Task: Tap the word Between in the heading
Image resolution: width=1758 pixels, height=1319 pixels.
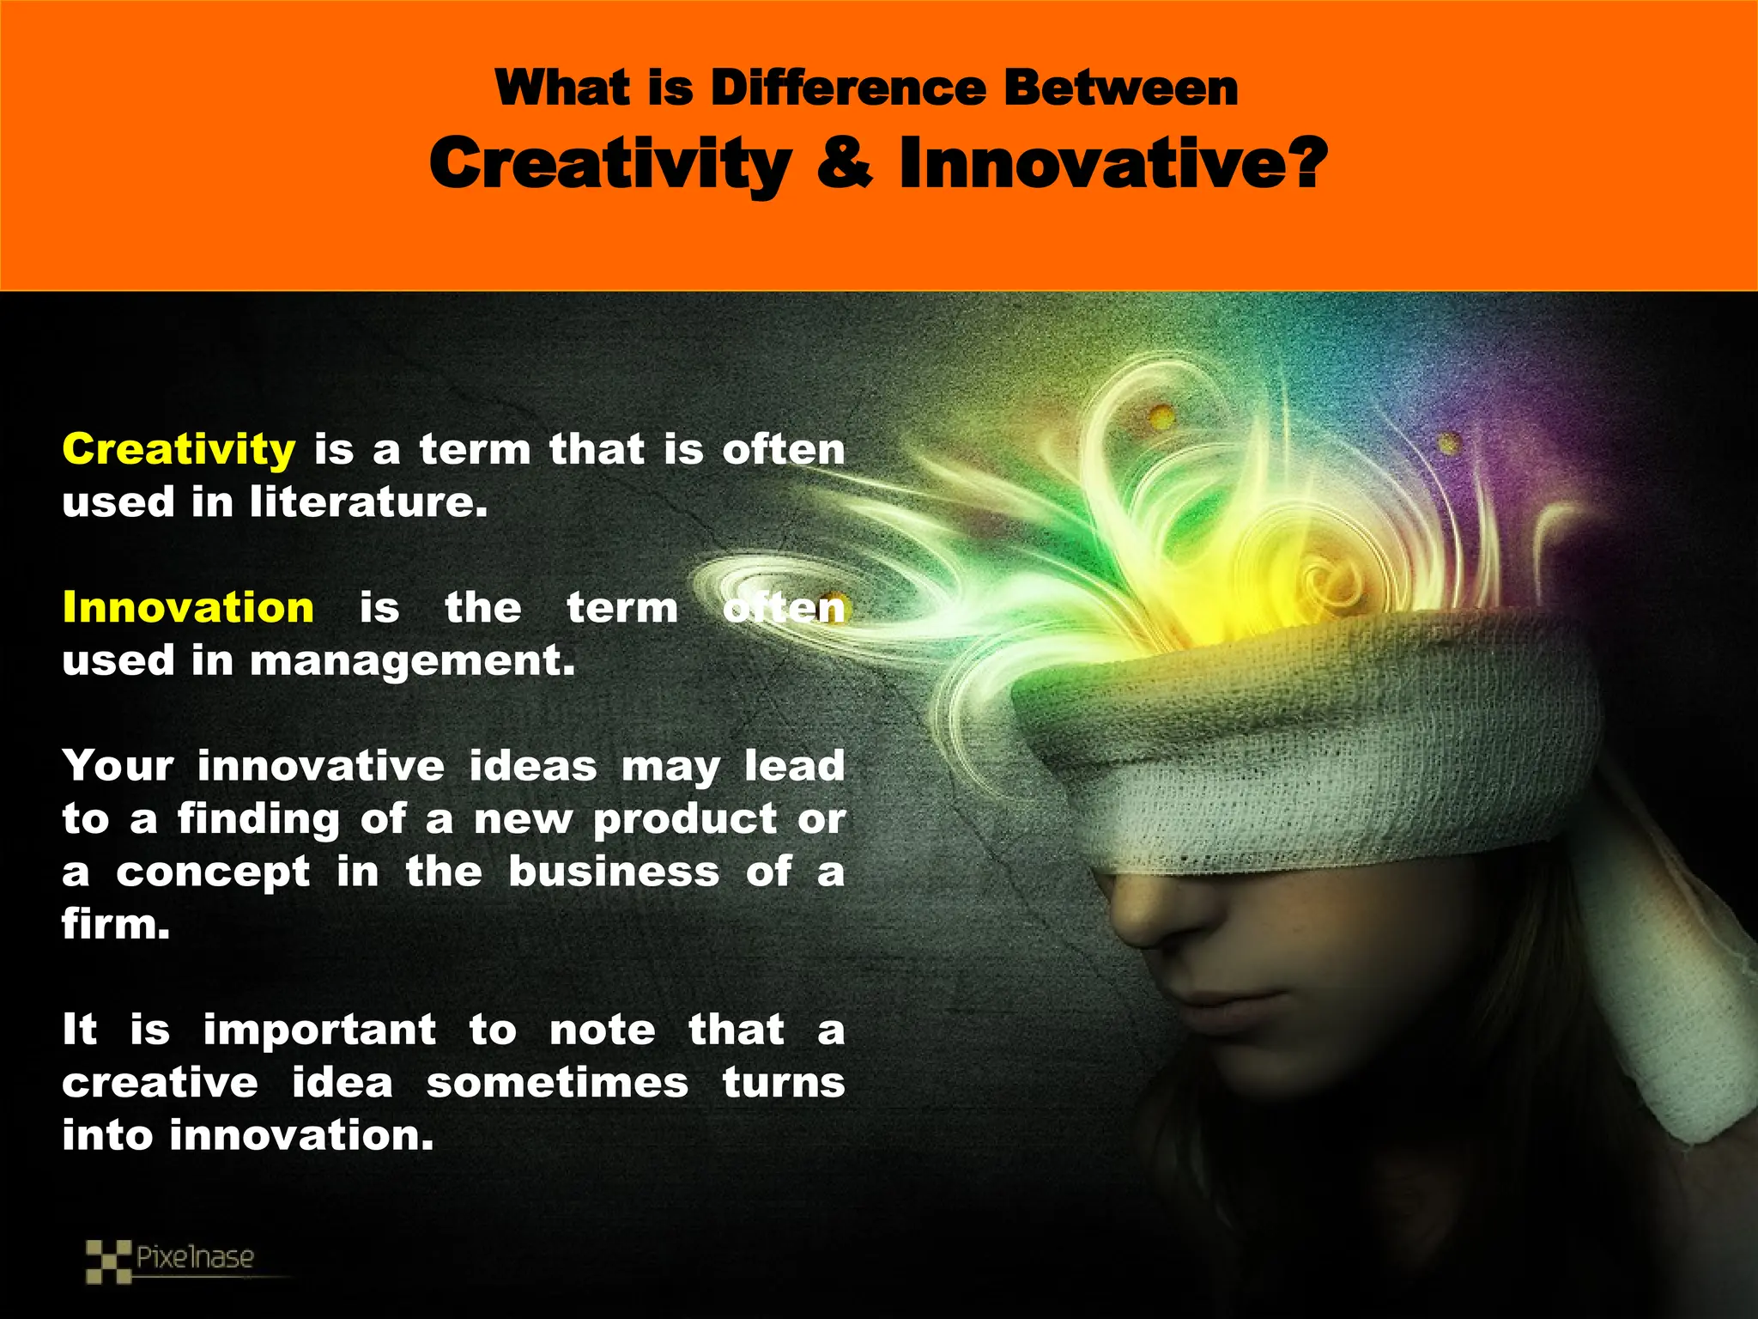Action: [x=1121, y=88]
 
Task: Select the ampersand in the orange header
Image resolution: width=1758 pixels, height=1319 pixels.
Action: [x=845, y=163]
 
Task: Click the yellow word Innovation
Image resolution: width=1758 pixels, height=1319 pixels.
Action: [x=188, y=608]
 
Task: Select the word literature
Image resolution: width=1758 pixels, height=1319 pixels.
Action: [x=368, y=502]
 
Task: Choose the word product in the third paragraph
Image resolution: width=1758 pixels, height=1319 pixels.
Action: [x=685, y=819]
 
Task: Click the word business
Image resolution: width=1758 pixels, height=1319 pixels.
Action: [x=614, y=872]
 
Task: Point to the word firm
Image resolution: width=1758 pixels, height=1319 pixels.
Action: [x=116, y=925]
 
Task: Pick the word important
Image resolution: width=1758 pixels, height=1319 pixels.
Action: [x=319, y=1030]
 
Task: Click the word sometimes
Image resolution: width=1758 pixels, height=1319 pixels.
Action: [x=557, y=1083]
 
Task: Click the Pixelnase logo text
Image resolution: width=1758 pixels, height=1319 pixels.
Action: [x=195, y=1258]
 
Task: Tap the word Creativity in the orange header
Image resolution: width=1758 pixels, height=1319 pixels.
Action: [x=610, y=163]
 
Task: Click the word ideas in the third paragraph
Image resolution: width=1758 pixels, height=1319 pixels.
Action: [x=532, y=766]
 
